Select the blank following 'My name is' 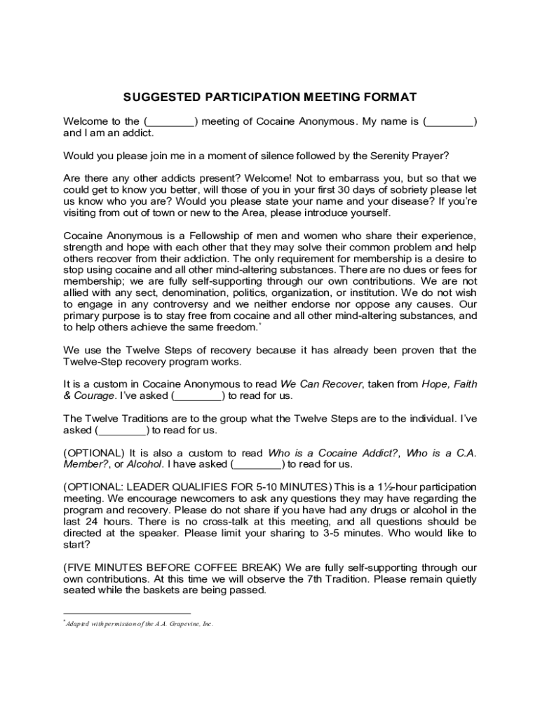450,121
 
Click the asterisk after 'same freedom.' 260,323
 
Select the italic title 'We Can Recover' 321,384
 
